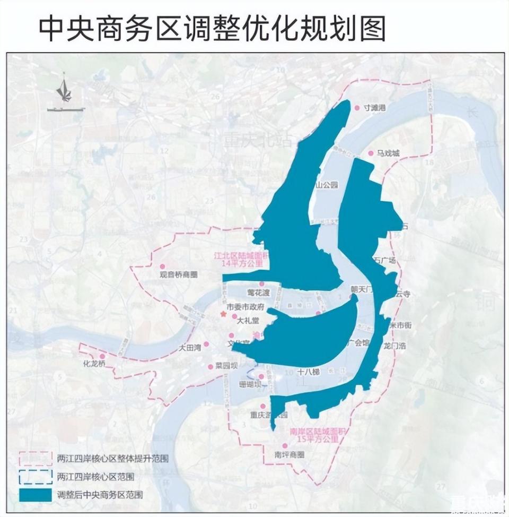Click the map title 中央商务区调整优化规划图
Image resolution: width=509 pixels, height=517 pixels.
tap(212, 28)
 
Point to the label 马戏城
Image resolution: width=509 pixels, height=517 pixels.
tap(388, 153)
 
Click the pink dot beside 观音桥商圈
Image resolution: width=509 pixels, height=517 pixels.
tap(163, 266)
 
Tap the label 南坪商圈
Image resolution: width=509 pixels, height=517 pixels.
tap(289, 455)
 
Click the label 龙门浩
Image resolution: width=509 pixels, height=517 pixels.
tap(394, 345)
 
